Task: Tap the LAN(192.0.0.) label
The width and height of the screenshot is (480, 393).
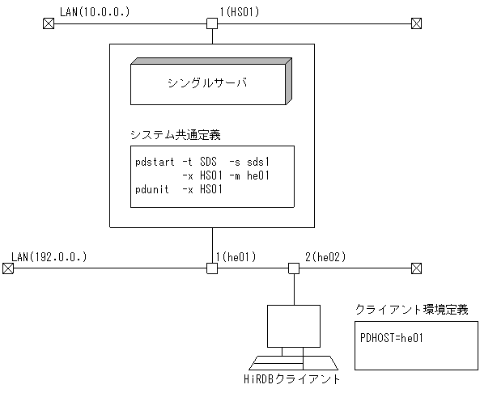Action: (x=49, y=257)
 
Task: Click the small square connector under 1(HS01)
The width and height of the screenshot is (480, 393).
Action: (x=212, y=24)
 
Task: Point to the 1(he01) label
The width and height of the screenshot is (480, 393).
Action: (x=236, y=257)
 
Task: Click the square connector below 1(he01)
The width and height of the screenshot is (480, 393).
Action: (x=212, y=268)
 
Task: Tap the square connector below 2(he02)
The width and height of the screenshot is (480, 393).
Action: (x=295, y=268)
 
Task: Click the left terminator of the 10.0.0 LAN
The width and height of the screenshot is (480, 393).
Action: (x=46, y=24)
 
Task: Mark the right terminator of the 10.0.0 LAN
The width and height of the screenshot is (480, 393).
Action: (x=416, y=24)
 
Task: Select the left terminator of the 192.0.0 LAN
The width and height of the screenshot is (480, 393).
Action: (x=6, y=268)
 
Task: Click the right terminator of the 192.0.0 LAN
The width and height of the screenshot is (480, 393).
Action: (x=416, y=268)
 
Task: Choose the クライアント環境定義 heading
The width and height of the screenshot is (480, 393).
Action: (x=411, y=309)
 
